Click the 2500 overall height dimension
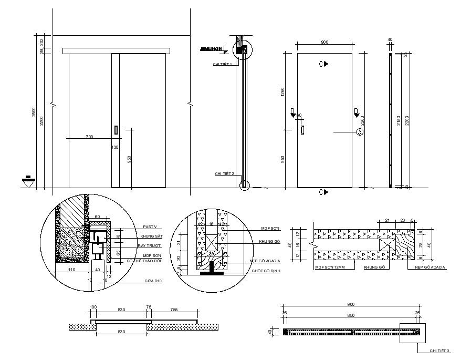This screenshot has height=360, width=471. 33,112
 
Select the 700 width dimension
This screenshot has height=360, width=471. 89,137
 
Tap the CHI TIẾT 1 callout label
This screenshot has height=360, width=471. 222,64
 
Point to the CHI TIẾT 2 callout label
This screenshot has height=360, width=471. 224,173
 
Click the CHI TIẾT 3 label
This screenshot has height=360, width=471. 439,351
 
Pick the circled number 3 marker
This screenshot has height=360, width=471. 360,132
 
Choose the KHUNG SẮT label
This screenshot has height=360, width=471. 151,236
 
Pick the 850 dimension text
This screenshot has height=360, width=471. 351,315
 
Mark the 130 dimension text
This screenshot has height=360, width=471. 115,148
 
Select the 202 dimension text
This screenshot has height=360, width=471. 41,42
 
